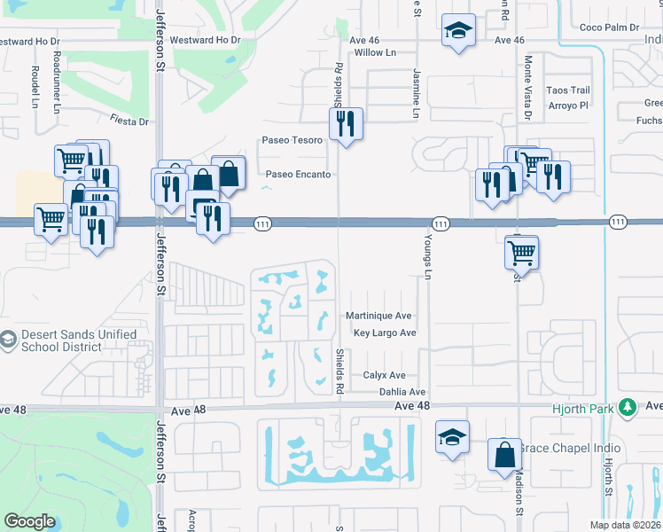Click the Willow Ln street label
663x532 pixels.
374,53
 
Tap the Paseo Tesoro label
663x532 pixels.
292,140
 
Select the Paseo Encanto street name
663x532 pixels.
299,175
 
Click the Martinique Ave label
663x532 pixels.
378,316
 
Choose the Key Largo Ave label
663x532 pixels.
385,333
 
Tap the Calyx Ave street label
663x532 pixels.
384,376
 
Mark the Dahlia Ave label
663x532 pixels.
402,392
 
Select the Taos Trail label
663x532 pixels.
567,90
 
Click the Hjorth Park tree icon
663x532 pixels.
628,408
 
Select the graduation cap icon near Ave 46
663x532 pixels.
457,31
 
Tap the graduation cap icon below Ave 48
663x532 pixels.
452,437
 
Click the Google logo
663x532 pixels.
30,521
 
